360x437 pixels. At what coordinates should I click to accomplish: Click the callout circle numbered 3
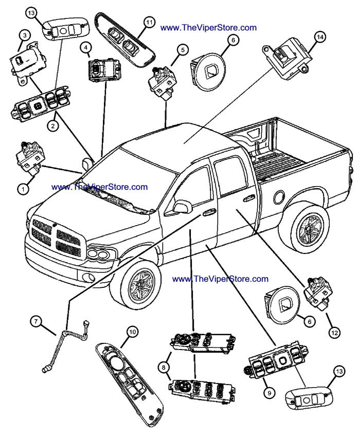click(24, 35)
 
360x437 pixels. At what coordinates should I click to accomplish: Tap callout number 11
click(149, 22)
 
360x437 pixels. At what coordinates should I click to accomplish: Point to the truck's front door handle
click(209, 211)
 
